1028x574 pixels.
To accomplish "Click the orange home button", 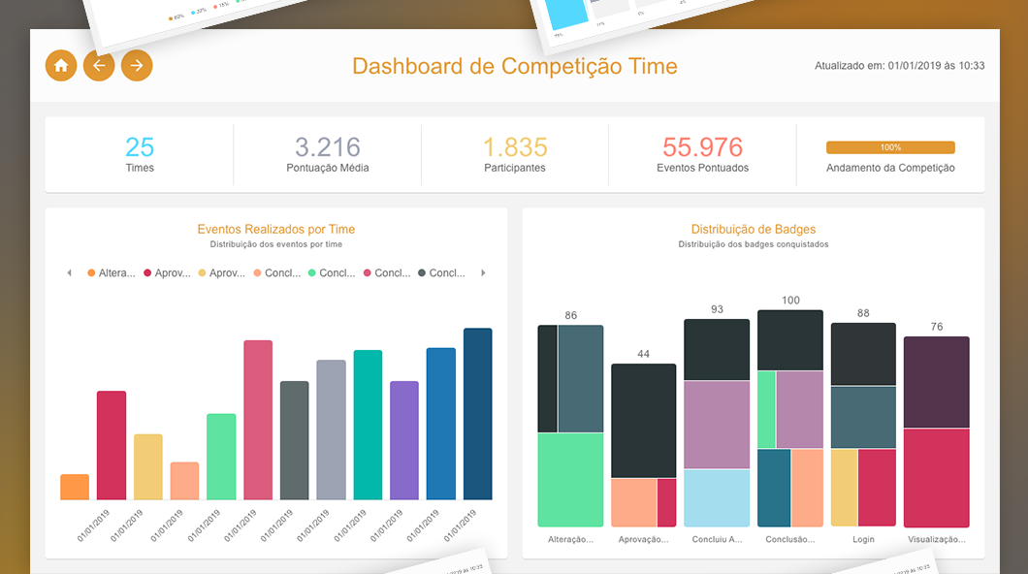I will [x=61, y=66].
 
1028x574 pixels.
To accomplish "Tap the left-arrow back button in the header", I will [x=99, y=66].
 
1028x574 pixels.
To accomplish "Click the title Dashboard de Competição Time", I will [x=514, y=66].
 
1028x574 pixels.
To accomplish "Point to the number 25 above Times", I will [x=140, y=147].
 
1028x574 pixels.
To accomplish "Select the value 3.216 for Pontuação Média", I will [x=328, y=147].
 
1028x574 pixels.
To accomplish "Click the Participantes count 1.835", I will [x=515, y=147].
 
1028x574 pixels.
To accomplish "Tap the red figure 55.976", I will [x=702, y=147].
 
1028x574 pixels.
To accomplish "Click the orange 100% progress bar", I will [x=890, y=147].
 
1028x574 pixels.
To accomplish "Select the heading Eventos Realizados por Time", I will [x=276, y=230].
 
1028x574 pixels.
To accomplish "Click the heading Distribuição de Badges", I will [x=754, y=230].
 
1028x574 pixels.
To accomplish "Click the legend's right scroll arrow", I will [x=483, y=273].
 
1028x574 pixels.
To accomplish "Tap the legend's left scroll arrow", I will [x=69, y=273].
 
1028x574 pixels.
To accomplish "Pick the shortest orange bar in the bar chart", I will [x=75, y=487].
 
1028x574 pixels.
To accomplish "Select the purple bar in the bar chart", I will [x=404, y=440].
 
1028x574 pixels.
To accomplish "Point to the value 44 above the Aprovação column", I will [x=643, y=354].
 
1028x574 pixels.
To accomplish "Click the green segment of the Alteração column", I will [x=570, y=479].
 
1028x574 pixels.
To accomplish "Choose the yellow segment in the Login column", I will [x=844, y=487].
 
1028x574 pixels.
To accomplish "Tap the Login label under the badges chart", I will [x=863, y=539].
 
